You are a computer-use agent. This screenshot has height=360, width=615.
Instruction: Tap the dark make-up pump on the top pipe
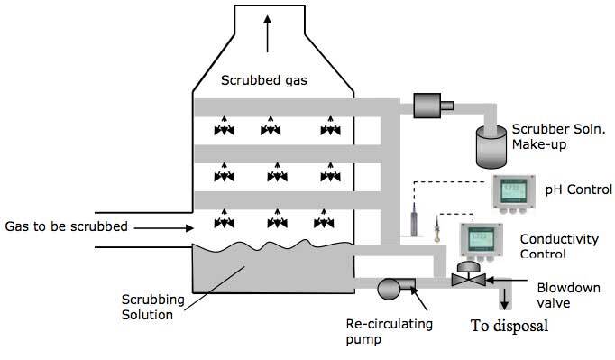[x=424, y=106]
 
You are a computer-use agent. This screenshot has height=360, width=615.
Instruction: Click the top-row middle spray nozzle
[x=269, y=129]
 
